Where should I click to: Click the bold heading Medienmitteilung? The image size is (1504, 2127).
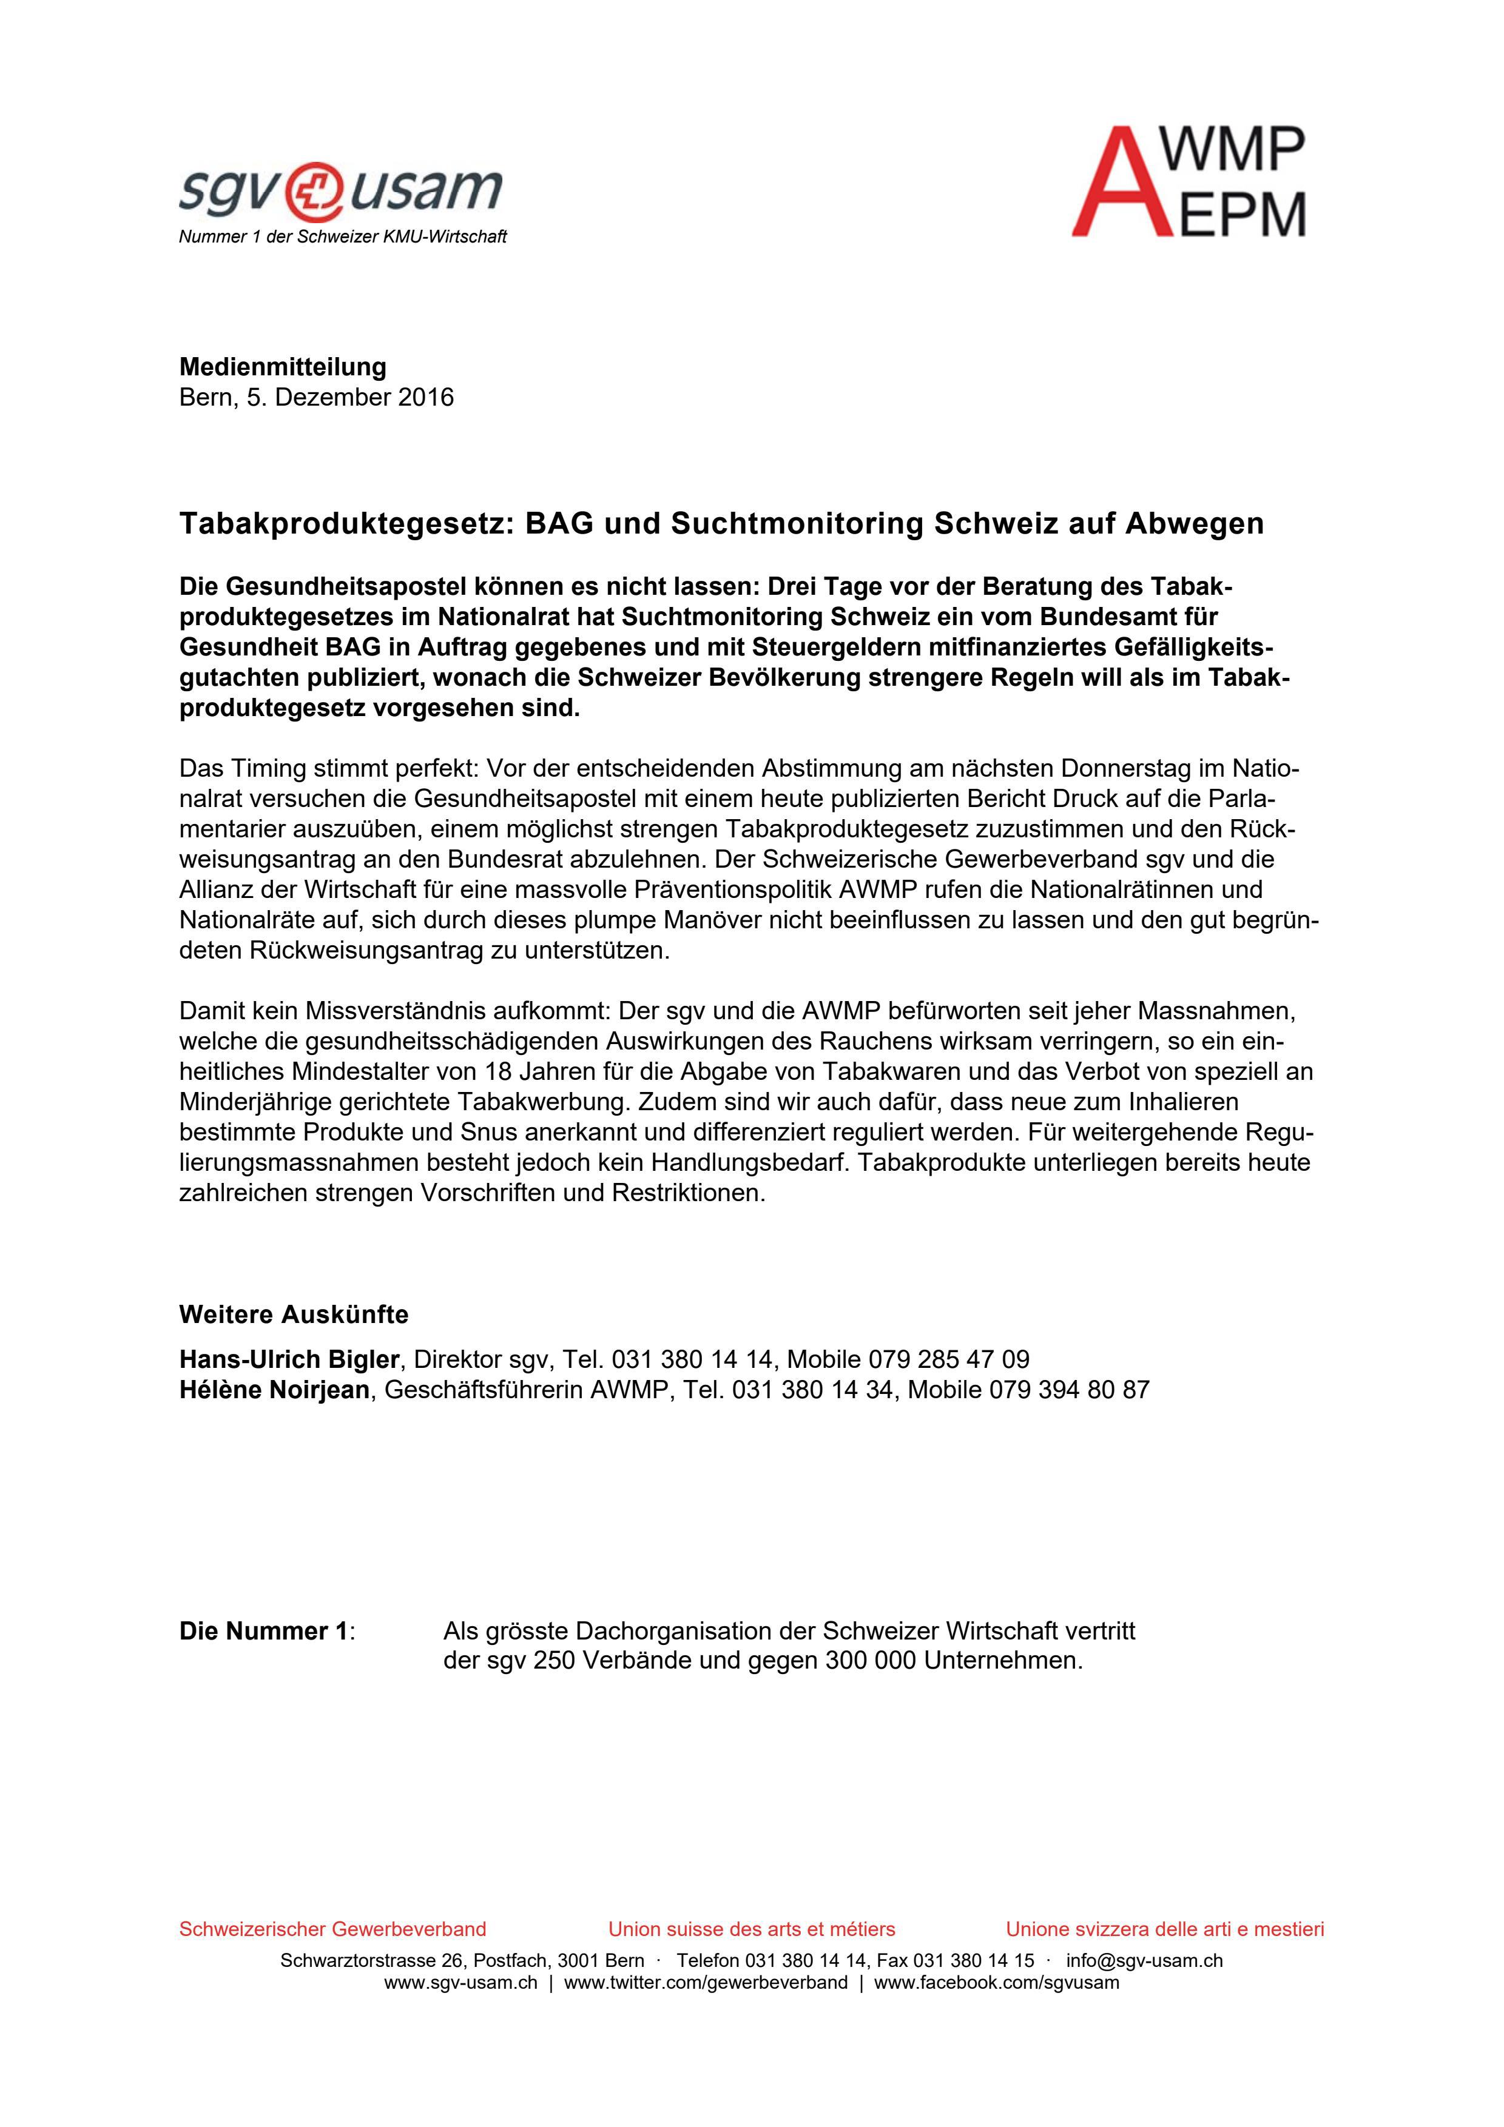point(283,367)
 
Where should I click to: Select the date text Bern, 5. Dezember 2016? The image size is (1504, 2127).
point(316,397)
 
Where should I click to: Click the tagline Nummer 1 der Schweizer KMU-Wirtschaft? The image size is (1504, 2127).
point(342,237)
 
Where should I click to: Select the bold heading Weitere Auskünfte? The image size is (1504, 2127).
point(293,1315)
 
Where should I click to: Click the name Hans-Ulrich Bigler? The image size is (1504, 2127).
point(288,1359)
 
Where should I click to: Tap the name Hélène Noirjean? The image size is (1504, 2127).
point(274,1390)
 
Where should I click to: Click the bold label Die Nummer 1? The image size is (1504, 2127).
point(265,1632)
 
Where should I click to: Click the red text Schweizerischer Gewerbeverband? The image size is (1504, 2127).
point(332,1930)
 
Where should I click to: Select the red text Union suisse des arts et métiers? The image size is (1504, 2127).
point(752,1930)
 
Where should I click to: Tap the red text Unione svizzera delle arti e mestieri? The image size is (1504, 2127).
point(1165,1930)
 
